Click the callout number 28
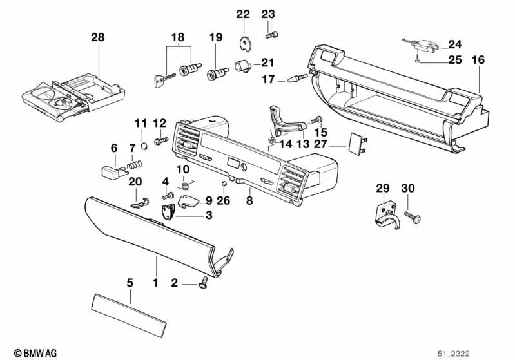[x=97, y=38]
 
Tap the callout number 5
[x=130, y=282]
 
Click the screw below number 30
[x=413, y=218]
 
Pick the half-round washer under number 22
[x=244, y=43]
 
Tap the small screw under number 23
[x=270, y=33]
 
